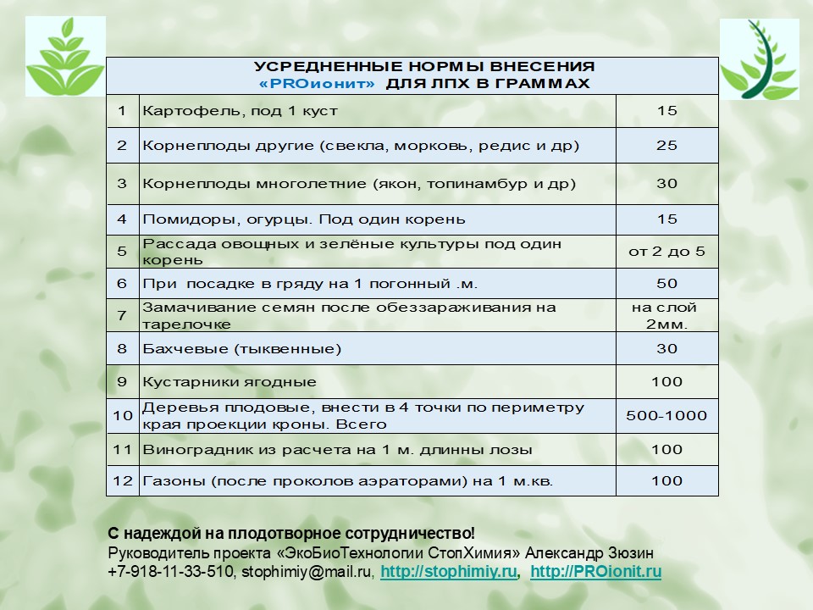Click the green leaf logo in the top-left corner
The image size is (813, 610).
(x=65, y=57)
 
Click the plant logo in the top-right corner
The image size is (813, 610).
(x=759, y=59)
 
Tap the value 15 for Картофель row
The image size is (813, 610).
(x=666, y=111)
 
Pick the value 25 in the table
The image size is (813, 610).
(x=666, y=146)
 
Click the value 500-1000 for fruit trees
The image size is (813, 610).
(x=666, y=416)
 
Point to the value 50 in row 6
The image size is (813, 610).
(x=666, y=283)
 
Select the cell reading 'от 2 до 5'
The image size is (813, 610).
(x=666, y=252)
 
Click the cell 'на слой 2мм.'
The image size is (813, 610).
(x=666, y=315)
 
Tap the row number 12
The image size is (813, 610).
(x=123, y=481)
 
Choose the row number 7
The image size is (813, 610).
(x=123, y=315)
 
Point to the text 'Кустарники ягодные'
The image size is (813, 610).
(x=230, y=382)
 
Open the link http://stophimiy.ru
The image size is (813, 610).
(x=448, y=572)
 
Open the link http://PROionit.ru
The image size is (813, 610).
(x=595, y=572)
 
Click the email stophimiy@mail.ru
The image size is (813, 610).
(x=307, y=572)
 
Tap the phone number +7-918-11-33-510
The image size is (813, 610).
(x=170, y=572)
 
